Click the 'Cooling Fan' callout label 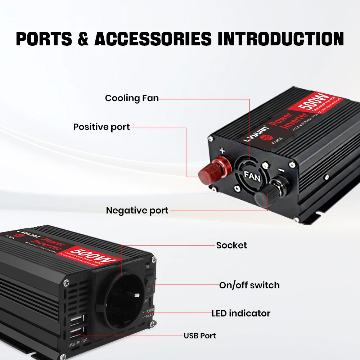pos(132,98)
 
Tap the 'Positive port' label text pos(102,127)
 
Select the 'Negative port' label pos(137,211)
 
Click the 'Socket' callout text pos(231,246)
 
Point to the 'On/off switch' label pos(249,285)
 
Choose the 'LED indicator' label pos(241,314)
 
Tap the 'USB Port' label pos(200,336)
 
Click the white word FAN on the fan pos(252,175)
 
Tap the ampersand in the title pos(84,39)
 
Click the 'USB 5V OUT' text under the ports pos(78,346)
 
